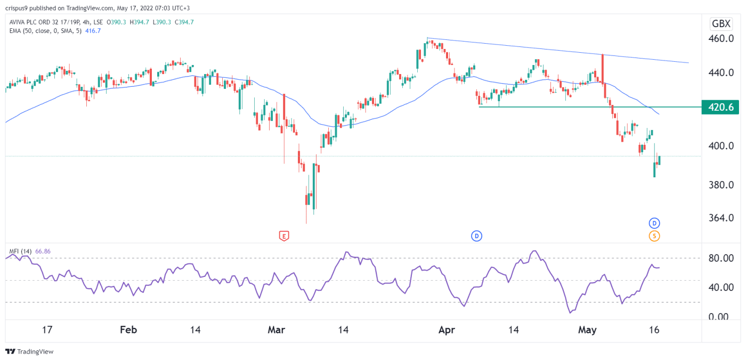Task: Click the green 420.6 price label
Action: point(720,107)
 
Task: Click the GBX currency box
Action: point(721,23)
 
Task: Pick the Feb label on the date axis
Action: point(128,330)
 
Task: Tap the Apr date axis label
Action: point(446,330)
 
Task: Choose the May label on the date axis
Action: point(587,330)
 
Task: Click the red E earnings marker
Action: point(284,235)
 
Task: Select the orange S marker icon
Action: point(654,235)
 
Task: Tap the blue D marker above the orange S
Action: point(654,223)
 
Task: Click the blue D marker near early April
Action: point(476,235)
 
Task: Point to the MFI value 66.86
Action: point(42,251)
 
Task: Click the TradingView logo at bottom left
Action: point(29,351)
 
